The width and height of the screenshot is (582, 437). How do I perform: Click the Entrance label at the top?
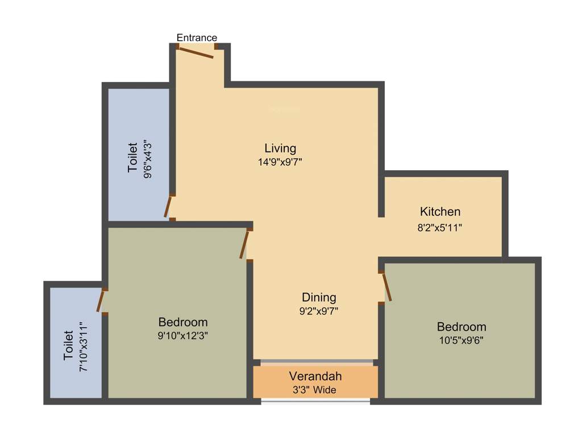click(x=197, y=38)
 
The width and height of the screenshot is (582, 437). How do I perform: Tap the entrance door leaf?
click(x=196, y=52)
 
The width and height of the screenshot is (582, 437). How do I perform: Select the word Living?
click(x=280, y=148)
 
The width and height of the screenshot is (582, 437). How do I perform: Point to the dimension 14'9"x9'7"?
click(x=280, y=162)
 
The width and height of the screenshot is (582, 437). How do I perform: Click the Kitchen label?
click(x=440, y=212)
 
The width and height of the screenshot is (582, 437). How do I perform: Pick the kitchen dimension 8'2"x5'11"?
click(x=440, y=228)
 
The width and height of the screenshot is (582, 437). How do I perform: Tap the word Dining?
click(x=319, y=297)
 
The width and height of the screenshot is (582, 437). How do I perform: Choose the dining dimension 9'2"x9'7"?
click(x=319, y=311)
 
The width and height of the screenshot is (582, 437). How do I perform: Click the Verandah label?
click(x=315, y=376)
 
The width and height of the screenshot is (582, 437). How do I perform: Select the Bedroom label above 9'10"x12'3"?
click(x=183, y=321)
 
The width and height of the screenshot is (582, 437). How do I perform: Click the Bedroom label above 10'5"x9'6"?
click(x=462, y=327)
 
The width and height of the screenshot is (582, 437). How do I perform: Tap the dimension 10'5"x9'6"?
click(x=461, y=340)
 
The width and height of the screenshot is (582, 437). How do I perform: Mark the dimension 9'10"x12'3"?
click(x=183, y=336)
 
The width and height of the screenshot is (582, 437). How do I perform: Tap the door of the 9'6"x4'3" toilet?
click(x=168, y=207)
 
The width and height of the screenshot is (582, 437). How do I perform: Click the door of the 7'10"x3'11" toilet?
click(x=101, y=301)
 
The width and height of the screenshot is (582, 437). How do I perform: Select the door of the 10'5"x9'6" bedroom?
click(x=387, y=287)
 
